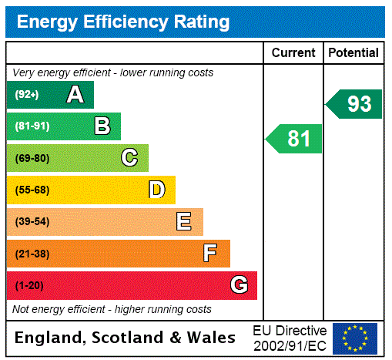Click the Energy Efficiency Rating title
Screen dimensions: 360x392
[123, 22]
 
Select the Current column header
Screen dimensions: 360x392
[293, 53]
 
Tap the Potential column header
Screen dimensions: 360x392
[353, 53]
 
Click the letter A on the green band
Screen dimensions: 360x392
[75, 95]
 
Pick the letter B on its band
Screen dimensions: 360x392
[102, 126]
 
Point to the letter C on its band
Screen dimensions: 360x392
[129, 158]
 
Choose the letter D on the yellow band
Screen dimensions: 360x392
[157, 190]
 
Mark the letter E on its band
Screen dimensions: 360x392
[184, 222]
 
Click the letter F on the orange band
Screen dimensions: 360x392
[210, 254]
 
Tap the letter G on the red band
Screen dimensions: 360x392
[239, 285]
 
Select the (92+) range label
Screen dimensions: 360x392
[28, 96]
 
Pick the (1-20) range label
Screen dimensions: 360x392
[29, 286]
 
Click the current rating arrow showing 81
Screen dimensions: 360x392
[294, 139]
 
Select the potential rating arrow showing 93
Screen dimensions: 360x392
[354, 104]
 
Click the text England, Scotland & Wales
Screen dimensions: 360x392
[126, 338]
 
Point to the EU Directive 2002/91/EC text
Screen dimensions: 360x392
[290, 338]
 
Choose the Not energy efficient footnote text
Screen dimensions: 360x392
[112, 309]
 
